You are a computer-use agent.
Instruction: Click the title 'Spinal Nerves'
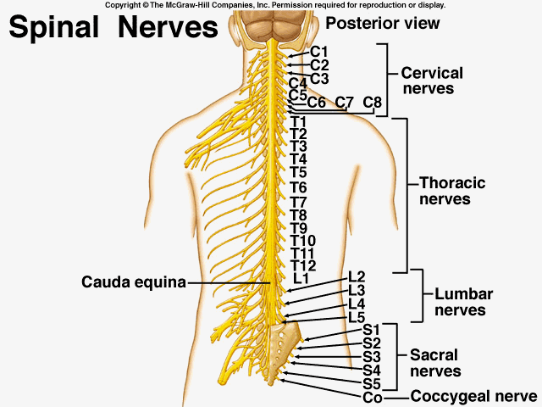114,27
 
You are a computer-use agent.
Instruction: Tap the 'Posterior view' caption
383,23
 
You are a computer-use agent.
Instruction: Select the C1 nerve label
319,52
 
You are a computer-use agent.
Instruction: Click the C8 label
373,103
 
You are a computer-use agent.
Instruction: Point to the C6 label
317,103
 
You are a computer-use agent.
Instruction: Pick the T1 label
298,122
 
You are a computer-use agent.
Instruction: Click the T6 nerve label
298,187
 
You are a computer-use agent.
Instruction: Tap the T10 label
302,241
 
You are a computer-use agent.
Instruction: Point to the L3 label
357,290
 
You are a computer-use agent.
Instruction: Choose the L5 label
357,317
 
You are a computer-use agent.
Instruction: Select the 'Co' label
373,398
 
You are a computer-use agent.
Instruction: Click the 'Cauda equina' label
134,282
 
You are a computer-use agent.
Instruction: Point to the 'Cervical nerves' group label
440,81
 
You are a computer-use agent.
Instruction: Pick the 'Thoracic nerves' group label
452,192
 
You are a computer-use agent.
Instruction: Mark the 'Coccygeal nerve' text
473,397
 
